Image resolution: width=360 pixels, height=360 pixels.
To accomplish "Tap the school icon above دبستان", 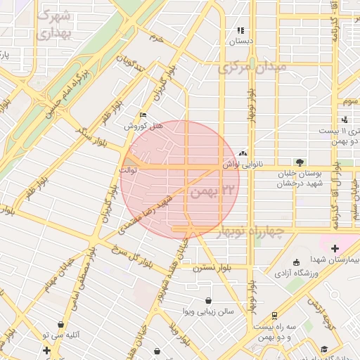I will tap(240, 31).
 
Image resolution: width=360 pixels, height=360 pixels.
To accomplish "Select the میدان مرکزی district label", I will tap(252, 68).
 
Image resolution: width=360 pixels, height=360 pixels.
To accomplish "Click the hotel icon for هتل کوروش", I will tap(143, 115).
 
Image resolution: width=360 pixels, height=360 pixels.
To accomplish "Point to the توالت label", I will tap(128, 169).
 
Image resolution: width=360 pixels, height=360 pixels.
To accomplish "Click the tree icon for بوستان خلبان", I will tap(300, 162).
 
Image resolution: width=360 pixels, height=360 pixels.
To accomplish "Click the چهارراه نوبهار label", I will tap(250, 231).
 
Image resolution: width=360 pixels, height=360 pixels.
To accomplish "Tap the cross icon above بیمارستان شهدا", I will tap(335, 248).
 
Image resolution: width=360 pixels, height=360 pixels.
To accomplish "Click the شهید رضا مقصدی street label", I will tap(146, 214).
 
